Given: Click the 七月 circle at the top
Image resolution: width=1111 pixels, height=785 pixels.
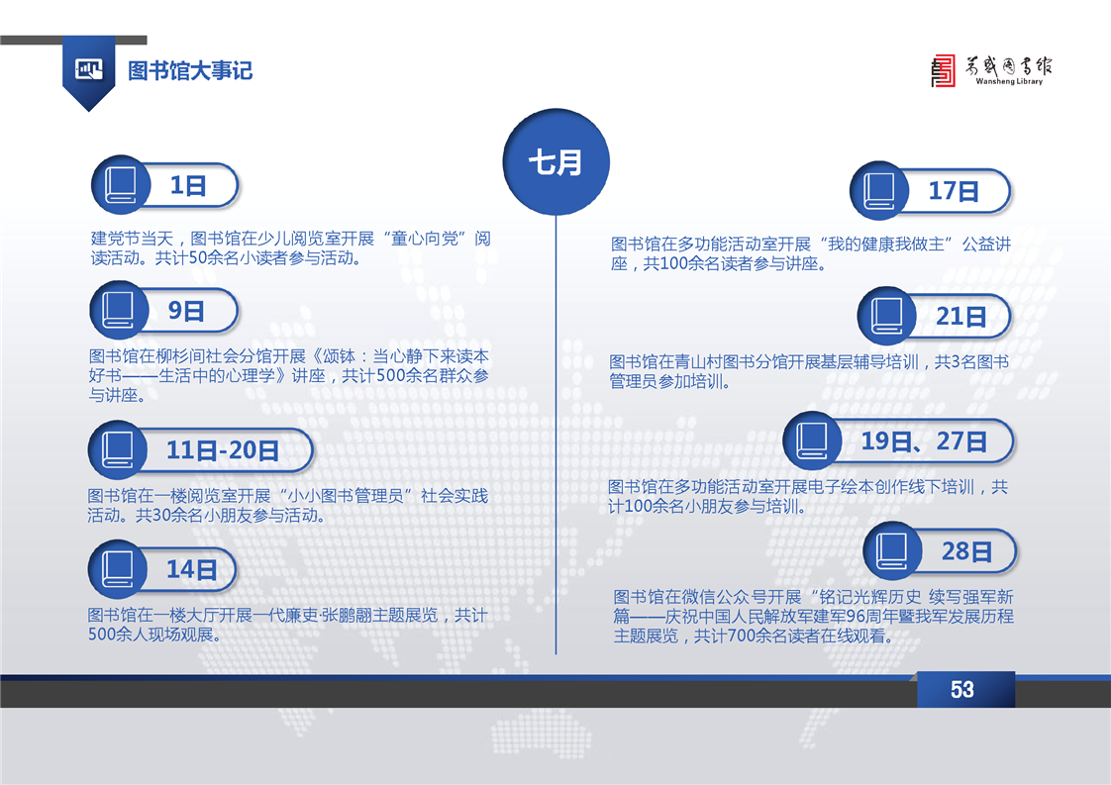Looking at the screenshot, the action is (556, 161).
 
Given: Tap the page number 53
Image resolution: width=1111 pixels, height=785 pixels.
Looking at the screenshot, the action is (962, 689).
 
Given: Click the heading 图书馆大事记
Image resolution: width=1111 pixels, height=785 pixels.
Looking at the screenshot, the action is (190, 71).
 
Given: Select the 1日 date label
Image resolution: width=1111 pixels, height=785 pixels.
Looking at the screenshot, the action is (188, 186).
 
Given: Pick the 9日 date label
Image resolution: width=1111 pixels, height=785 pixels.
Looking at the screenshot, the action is (186, 310).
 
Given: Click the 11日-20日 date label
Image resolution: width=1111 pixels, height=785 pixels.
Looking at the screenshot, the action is (223, 449).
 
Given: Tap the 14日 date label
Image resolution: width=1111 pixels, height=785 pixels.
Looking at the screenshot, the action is (191, 569).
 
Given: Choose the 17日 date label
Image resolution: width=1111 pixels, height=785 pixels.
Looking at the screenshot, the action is (954, 191).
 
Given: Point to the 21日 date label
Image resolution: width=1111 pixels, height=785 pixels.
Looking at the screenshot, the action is (961, 316).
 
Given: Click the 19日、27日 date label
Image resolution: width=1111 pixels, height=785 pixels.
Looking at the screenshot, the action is (924, 442).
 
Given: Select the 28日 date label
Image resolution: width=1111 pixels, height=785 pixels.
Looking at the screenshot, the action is (966, 551).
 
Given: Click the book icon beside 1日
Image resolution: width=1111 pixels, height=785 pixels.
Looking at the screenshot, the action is (121, 185).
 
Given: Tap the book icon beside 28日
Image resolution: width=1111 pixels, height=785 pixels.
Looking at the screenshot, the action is (892, 550).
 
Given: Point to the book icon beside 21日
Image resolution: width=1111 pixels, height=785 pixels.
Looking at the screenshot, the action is (886, 315).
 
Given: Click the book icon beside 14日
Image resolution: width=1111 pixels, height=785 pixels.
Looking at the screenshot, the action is (118, 569).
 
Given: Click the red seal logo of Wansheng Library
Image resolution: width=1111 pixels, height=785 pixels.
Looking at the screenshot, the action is (943, 71).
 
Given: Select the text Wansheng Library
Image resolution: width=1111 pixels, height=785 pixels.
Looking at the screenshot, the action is (1009, 81).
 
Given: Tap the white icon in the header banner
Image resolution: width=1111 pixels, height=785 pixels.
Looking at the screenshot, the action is (89, 69).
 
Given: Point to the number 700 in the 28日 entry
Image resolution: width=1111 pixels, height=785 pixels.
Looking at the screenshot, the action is (741, 637).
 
